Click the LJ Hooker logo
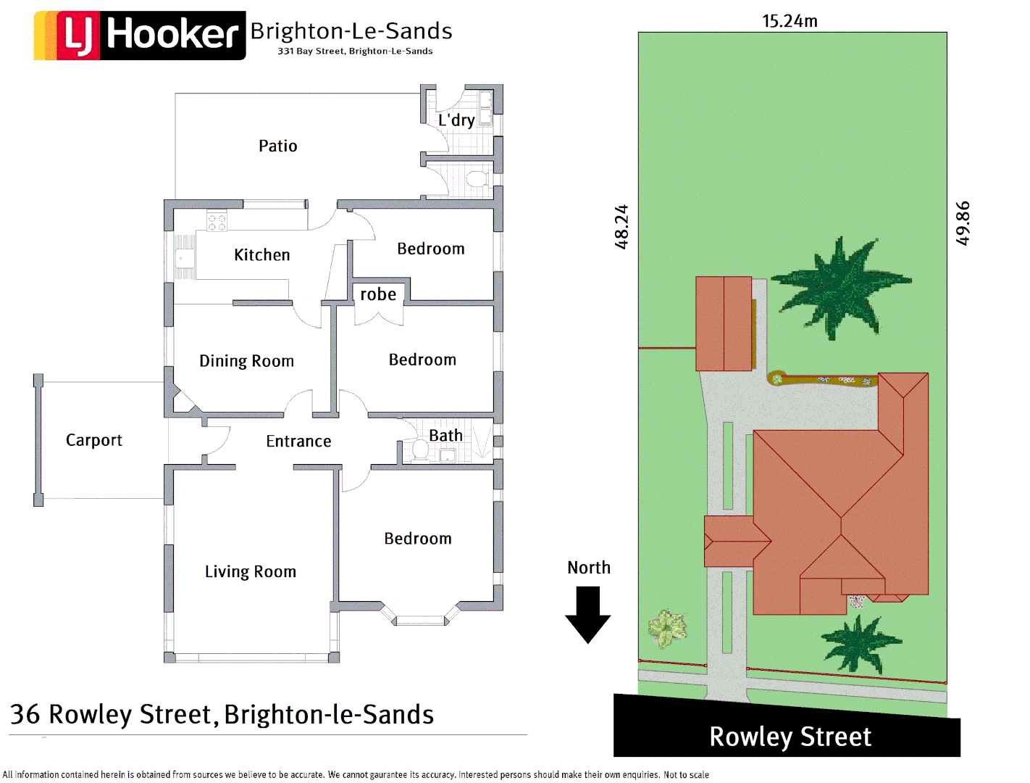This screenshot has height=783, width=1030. pos(140,35)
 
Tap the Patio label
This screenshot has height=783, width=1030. pos(277,146)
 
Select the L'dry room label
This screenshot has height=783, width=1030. pos(456,120)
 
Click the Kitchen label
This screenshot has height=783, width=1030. pos(261,254)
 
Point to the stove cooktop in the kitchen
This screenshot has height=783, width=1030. pos(217,222)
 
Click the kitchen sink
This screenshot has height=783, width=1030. pos(185,258)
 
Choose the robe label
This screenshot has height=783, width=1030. pos(378,294)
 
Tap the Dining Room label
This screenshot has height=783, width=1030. pos(246,361)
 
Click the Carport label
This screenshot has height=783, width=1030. pos(94,440)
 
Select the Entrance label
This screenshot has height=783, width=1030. pos(298,441)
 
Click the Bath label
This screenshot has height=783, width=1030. pos(445,435)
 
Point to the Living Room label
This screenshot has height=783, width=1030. pos(250,571)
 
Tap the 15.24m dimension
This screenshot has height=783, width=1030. pos(790,21)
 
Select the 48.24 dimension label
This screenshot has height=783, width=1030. pos(621,227)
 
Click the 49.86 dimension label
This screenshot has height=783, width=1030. pos(963,223)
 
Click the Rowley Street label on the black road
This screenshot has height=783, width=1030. pos(790,737)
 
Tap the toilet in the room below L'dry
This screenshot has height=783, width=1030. pos(476,178)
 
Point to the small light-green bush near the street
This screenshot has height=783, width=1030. pos(667,628)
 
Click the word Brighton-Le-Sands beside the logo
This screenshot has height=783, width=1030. pos(351,30)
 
